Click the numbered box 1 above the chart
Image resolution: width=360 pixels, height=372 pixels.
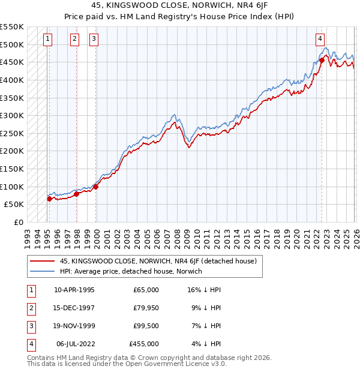48,40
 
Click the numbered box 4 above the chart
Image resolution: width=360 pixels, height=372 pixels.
320,40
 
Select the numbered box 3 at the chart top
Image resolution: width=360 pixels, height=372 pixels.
94,40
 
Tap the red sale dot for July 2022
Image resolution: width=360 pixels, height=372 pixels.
322,60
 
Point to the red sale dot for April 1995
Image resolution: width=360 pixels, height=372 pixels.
49,199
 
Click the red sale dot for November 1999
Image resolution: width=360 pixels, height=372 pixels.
96,187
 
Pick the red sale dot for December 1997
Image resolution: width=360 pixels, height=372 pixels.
77,194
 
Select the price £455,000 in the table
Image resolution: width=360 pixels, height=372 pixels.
144,344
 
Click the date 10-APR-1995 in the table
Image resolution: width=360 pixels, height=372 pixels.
74,290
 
